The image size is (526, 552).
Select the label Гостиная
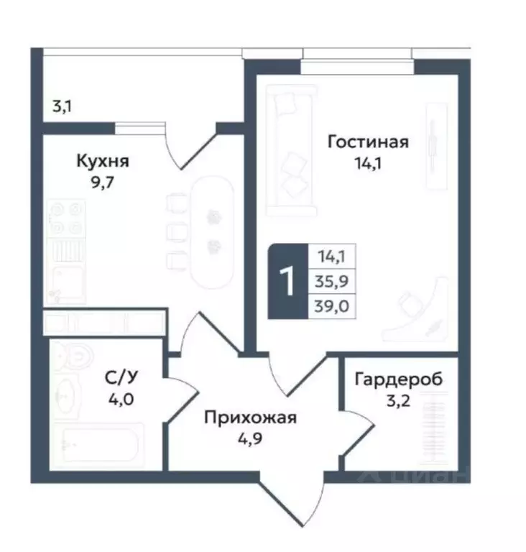coord(368,142)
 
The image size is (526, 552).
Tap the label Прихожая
coord(249,416)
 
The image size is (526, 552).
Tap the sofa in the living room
coord(290,150)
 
